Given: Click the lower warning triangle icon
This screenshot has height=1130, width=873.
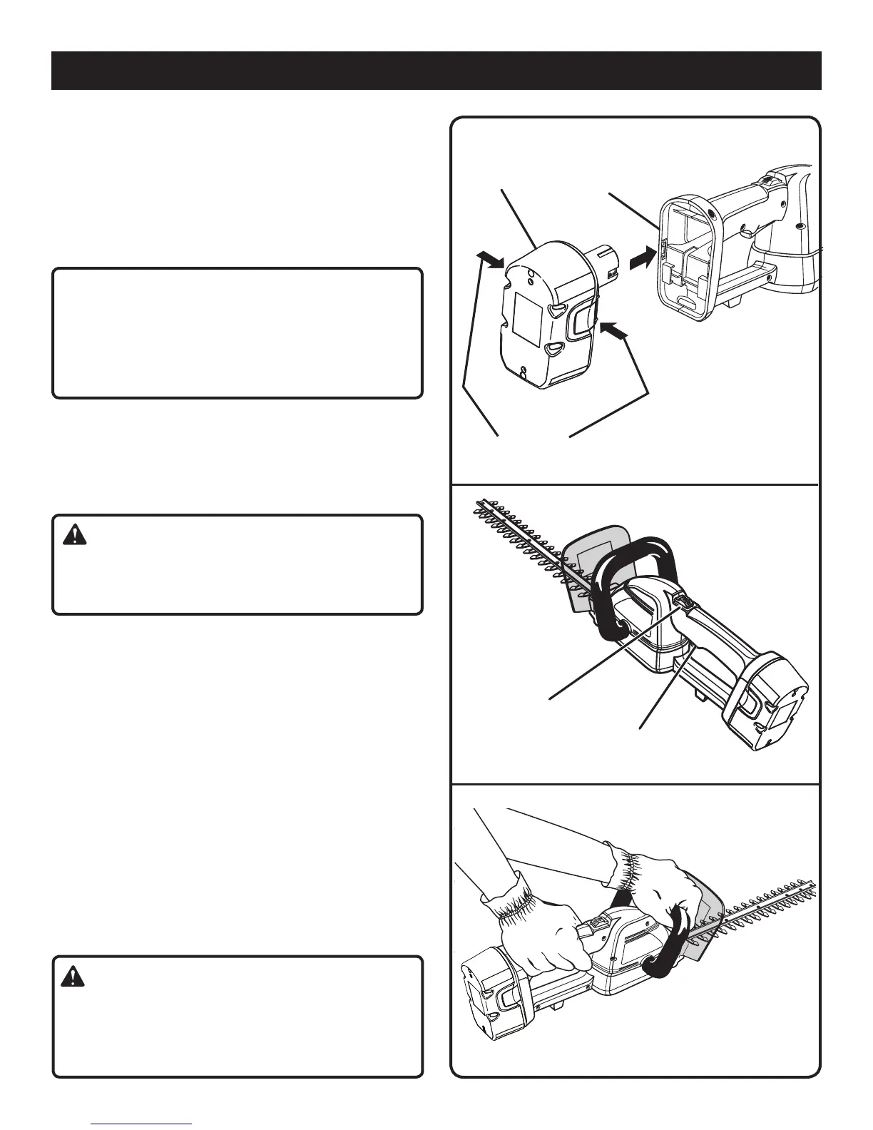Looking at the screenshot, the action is (72, 977).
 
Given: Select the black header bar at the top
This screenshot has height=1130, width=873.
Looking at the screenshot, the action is (436, 71).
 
